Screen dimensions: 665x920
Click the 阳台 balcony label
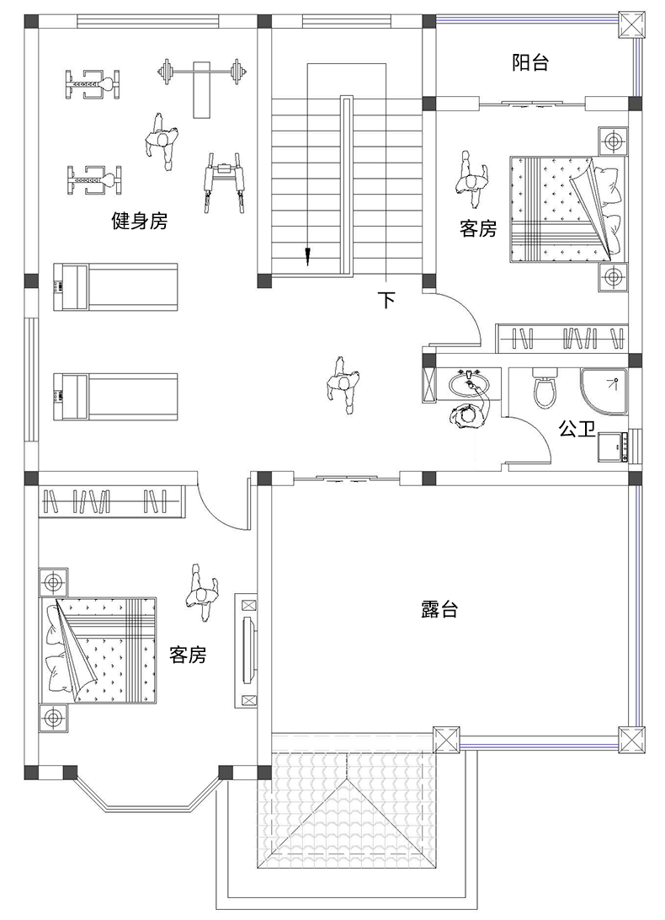click(530, 62)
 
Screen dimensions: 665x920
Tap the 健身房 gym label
click(140, 222)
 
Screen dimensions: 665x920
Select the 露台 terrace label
click(439, 610)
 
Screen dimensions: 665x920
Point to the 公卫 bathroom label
click(577, 428)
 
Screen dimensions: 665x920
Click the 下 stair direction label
click(386, 300)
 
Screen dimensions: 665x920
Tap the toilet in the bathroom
click(545, 388)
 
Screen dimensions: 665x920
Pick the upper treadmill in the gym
click(115, 287)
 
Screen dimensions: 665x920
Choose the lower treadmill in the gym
click(115, 397)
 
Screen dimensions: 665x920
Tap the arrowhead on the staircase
click(306, 256)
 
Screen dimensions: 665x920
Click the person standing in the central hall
click(343, 386)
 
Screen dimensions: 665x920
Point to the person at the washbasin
click(467, 416)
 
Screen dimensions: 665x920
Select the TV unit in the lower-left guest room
click(247, 650)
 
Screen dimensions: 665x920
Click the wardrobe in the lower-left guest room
click(111, 501)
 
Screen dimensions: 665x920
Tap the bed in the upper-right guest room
click(566, 209)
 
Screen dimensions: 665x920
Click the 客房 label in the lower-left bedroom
click(188, 655)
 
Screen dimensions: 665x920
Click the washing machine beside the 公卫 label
click(610, 447)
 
